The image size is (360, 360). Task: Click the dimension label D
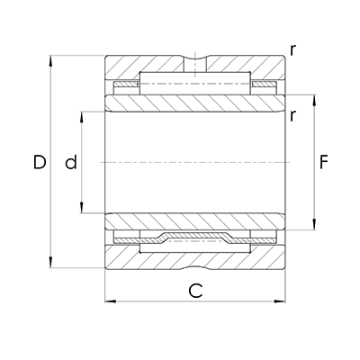click(x=39, y=163)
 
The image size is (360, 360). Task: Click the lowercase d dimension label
click(x=70, y=163)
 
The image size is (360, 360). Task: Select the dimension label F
click(x=325, y=163)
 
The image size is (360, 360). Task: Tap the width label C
click(x=194, y=290)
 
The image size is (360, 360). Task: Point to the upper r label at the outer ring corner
click(x=293, y=49)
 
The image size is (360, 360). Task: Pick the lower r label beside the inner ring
click(x=293, y=114)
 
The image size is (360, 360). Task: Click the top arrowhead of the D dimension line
click(x=51, y=59)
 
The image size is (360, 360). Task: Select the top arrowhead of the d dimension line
click(x=83, y=115)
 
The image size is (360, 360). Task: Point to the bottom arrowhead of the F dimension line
click(x=314, y=227)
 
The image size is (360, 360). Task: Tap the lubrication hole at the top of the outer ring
click(x=194, y=65)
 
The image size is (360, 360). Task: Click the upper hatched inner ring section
click(x=194, y=103)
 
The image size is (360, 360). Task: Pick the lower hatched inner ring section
click(x=194, y=221)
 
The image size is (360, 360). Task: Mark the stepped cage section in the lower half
click(x=194, y=238)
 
